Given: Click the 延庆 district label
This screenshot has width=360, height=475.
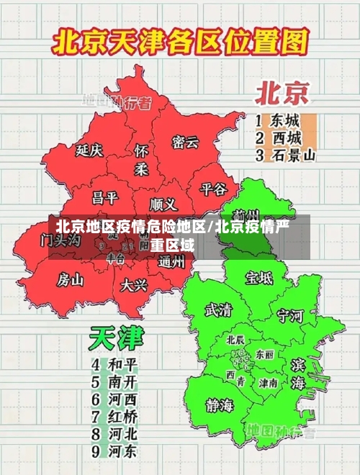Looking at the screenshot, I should point(89,150).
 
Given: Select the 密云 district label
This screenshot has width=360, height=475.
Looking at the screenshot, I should point(185,142).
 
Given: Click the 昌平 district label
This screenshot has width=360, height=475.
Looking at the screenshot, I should point(105,197).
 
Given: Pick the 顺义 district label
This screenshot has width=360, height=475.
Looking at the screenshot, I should point(163,204).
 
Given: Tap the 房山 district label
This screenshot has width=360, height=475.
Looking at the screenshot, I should point(71,279).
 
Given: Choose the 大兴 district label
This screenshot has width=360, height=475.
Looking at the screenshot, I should point(134,285).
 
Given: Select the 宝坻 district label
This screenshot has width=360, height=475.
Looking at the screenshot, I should point(259,277).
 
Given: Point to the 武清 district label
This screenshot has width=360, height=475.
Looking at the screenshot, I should point(218,310).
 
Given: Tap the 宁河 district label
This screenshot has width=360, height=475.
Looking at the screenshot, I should point(291,315).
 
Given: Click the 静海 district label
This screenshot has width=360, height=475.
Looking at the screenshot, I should point(220,404).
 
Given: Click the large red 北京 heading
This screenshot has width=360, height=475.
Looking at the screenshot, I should point(282,94).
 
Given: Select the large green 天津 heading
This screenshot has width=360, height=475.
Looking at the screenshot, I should point(117,338).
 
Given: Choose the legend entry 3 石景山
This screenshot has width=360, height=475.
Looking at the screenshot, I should point(285,154).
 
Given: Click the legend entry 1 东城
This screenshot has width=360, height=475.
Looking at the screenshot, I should point(278,120).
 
